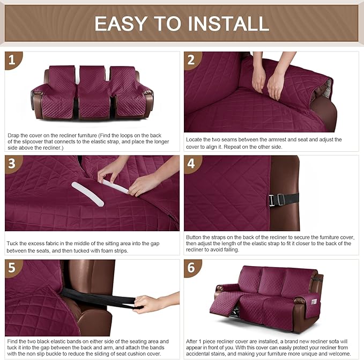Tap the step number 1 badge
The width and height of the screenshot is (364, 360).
pyautogui.click(x=13, y=60)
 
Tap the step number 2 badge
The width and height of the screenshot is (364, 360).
pyautogui.click(x=192, y=60)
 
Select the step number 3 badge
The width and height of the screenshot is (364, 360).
pyautogui.click(x=13, y=164)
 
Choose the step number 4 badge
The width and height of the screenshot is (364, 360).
pyautogui.click(x=192, y=164)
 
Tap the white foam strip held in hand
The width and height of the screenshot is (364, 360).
pyautogui.click(x=115, y=186)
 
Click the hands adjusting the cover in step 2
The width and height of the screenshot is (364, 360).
pyautogui.click(x=268, y=80)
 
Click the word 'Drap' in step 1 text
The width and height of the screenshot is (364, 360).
pyautogui.click(x=14, y=136)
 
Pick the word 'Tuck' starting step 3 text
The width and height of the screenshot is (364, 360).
pyautogui.click(x=13, y=243)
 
